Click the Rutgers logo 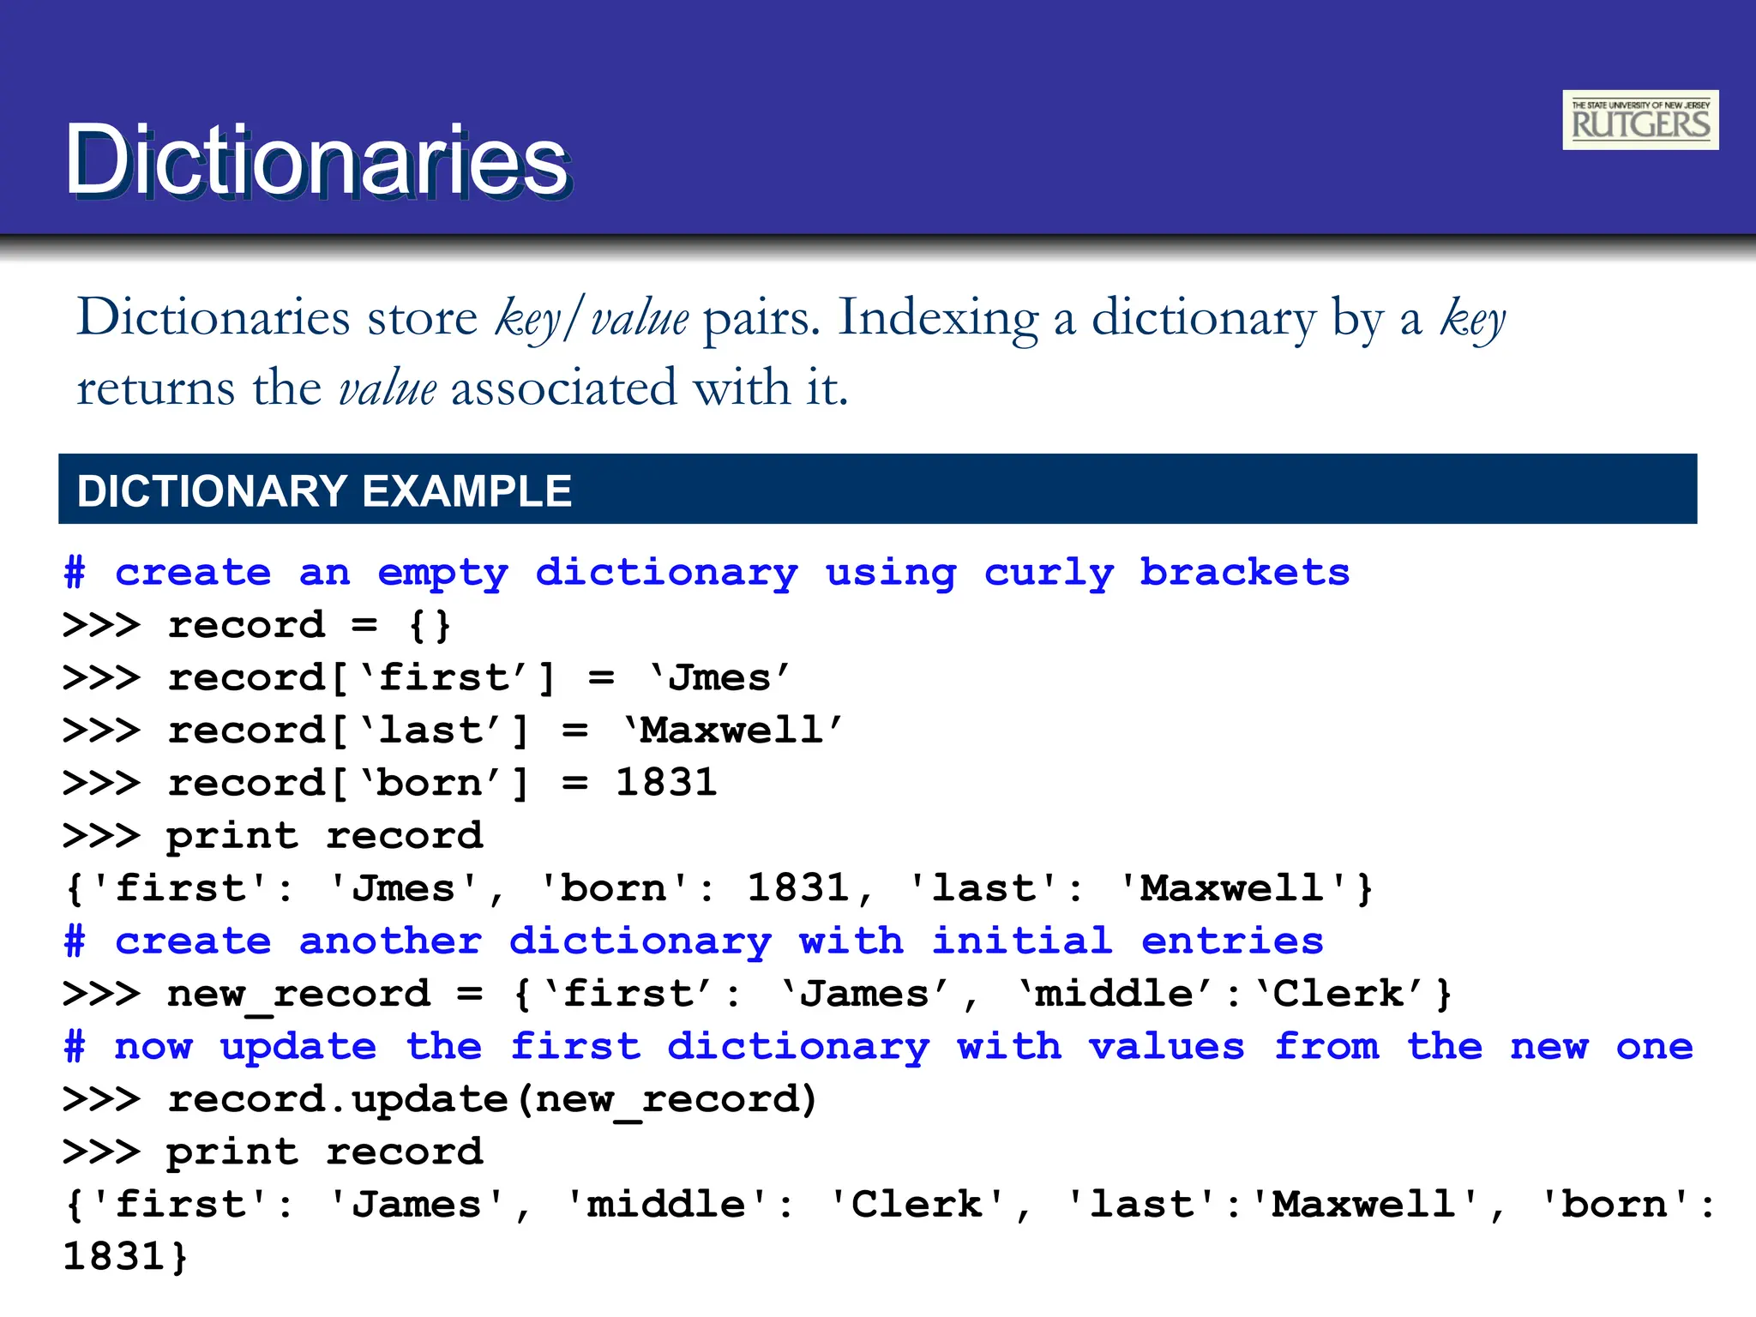[x=1639, y=120]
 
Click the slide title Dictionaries [x=317, y=160]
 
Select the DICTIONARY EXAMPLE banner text [x=324, y=491]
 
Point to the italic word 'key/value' [x=592, y=318]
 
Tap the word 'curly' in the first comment [x=1049, y=573]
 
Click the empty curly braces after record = [x=430, y=626]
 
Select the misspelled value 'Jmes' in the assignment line [x=719, y=678]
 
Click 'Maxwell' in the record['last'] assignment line [x=733, y=731]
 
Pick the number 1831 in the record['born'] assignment [x=666, y=783]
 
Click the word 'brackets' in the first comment [x=1244, y=573]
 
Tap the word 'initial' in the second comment [x=1022, y=941]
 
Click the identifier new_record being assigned [x=298, y=995]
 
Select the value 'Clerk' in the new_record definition [x=1338, y=995]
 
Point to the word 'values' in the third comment [x=1166, y=1047]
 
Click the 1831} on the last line [x=125, y=1257]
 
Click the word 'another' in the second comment [x=390, y=941]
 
